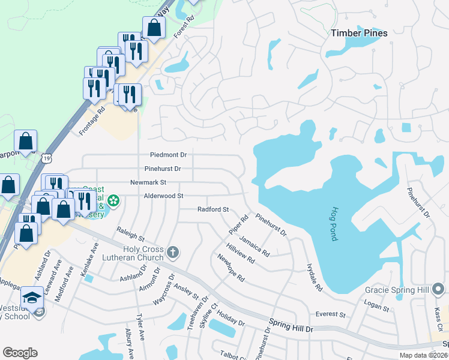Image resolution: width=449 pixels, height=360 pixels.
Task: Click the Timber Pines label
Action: point(360,33)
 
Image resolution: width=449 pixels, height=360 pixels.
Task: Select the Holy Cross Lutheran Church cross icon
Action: point(173,251)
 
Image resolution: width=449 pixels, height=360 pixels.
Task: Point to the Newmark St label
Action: point(148,182)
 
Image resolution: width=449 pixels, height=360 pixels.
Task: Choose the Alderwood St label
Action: point(163,196)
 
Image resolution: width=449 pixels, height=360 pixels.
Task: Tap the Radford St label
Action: point(214,209)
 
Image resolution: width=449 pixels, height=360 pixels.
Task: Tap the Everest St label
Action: point(331,314)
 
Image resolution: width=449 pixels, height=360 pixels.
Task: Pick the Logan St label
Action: point(377,307)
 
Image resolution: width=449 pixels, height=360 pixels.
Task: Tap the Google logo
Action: point(20,353)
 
